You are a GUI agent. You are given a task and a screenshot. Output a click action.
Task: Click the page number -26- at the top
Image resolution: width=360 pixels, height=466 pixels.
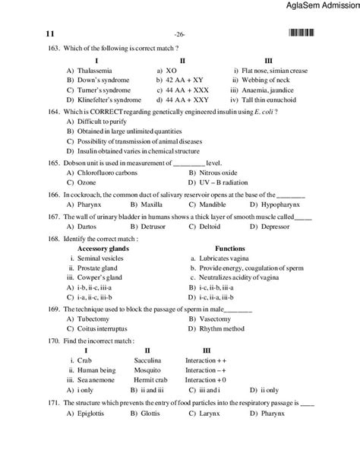(x=179, y=35)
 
